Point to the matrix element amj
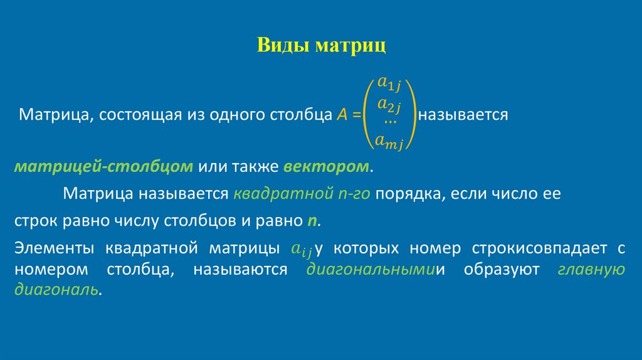click(389, 142)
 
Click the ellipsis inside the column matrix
click(389, 121)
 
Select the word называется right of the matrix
click(463, 115)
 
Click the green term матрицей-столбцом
click(103, 167)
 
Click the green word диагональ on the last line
click(56, 291)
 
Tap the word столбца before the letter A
click(298, 115)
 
